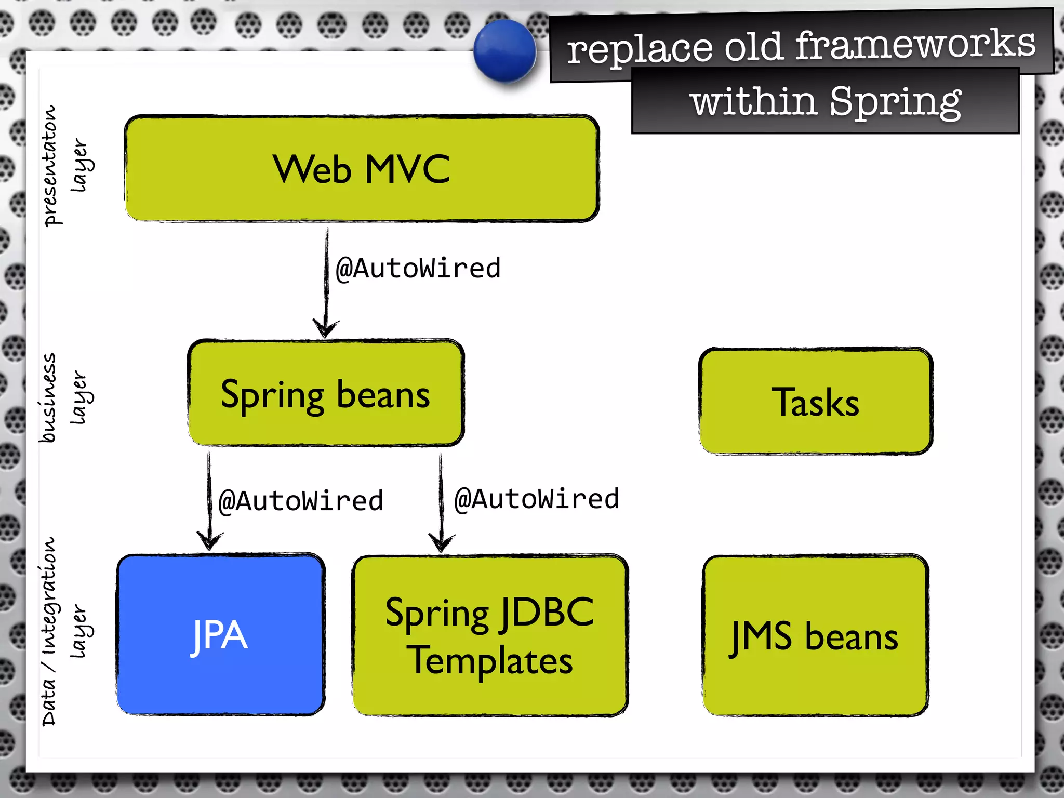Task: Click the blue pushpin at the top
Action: (x=504, y=51)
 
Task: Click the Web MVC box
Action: (x=362, y=169)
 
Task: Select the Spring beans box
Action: (x=326, y=393)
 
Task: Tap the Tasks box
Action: (x=816, y=402)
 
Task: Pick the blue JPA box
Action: (x=221, y=635)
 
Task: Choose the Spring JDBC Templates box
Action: (x=490, y=636)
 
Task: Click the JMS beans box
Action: (x=815, y=636)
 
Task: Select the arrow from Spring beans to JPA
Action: (x=209, y=499)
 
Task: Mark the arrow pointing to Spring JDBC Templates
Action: (x=441, y=501)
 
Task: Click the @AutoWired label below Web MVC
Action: (x=418, y=269)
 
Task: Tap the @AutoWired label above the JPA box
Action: (x=301, y=501)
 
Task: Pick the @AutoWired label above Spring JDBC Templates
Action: (x=537, y=499)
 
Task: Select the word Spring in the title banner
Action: (x=895, y=102)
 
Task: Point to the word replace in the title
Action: (x=639, y=50)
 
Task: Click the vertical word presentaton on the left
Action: (x=50, y=166)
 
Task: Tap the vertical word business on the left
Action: (x=48, y=398)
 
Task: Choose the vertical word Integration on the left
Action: (x=49, y=595)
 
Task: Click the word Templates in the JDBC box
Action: (x=490, y=660)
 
